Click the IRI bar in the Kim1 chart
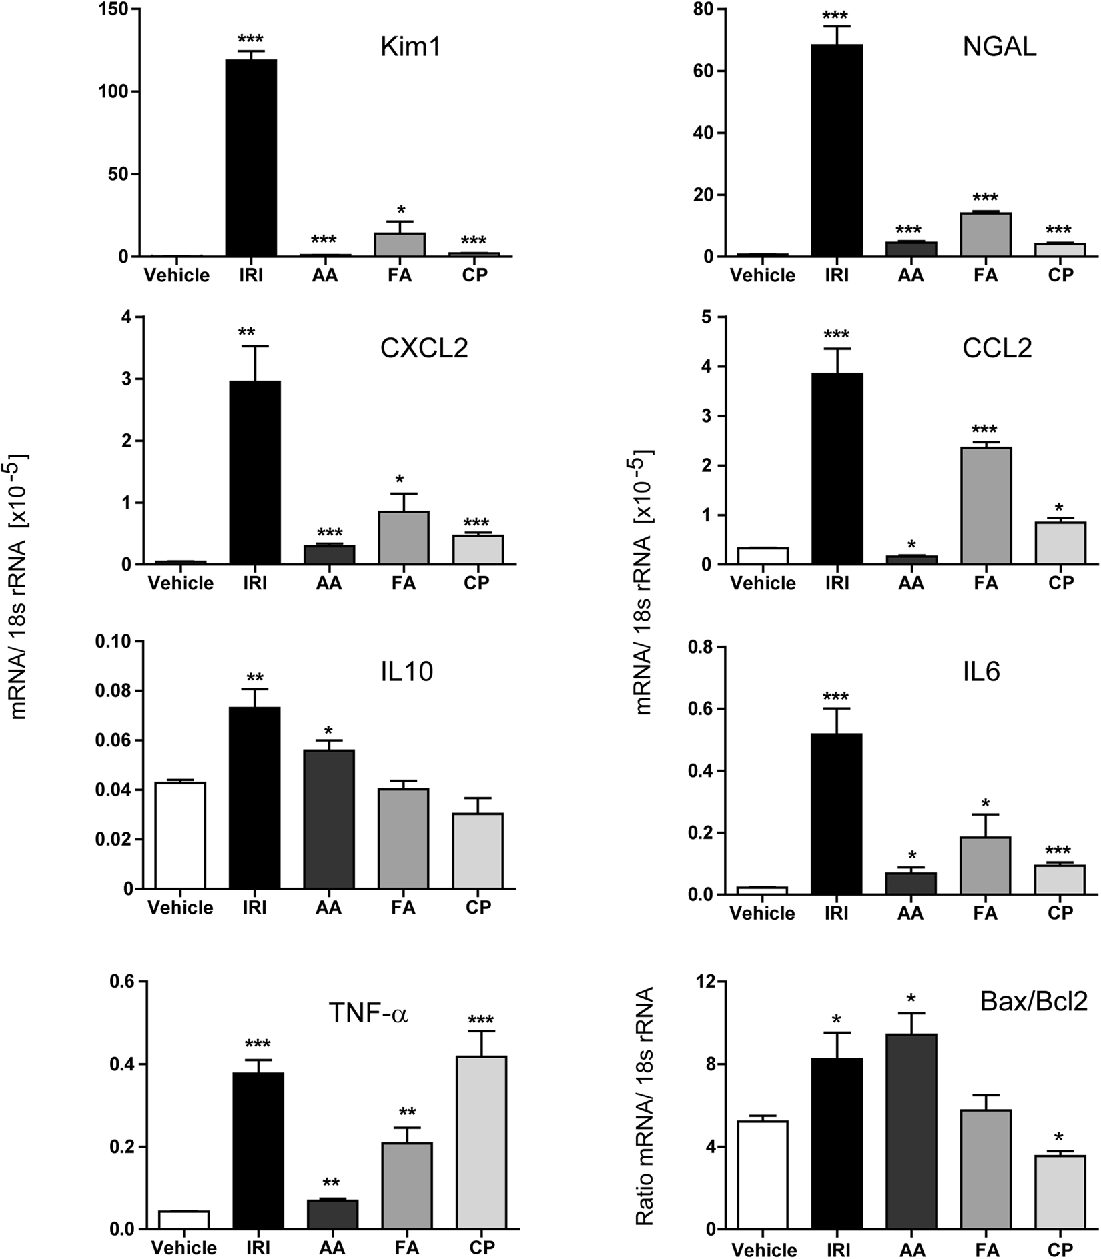click(x=252, y=158)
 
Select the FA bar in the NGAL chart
click(x=986, y=234)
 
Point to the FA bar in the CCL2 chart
click(x=986, y=505)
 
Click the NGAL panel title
click(x=999, y=48)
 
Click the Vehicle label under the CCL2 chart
click(x=763, y=583)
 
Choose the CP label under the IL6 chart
click(x=1060, y=913)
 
